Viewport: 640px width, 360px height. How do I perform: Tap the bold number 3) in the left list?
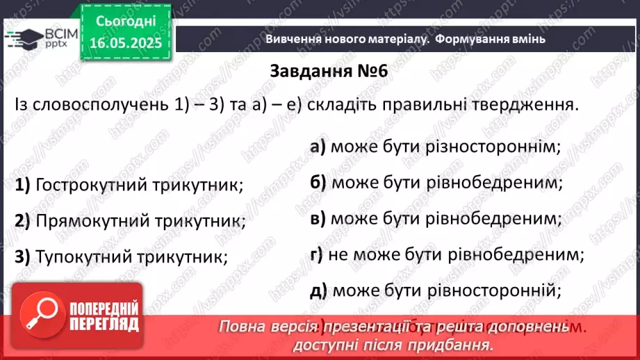22,256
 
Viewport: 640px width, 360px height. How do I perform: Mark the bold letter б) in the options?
318,182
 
